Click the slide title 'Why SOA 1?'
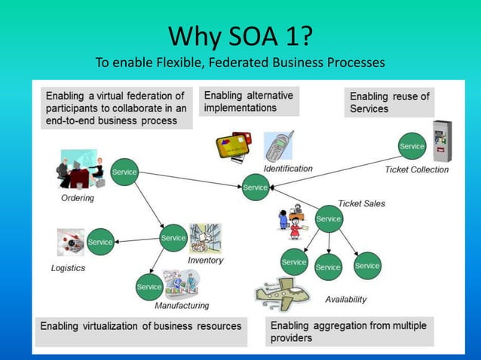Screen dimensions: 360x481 (240, 35)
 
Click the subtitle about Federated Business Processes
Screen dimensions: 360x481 (240, 62)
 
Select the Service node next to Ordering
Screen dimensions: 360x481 (124, 172)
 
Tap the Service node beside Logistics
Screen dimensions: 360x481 (100, 242)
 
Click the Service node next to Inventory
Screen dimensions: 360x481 (173, 238)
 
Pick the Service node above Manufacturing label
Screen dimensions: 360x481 (149, 287)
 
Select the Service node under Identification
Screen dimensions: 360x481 (255, 188)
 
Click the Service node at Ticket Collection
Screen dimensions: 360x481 (412, 146)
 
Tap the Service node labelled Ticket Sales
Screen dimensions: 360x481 (328, 219)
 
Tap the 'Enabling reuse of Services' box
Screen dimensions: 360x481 (389, 102)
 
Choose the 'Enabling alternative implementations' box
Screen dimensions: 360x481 (249, 102)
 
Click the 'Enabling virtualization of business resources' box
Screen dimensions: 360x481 (141, 327)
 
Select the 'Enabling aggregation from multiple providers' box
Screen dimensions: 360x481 (348, 331)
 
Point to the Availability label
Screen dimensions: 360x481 (345, 299)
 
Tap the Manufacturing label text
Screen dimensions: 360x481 (182, 306)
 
